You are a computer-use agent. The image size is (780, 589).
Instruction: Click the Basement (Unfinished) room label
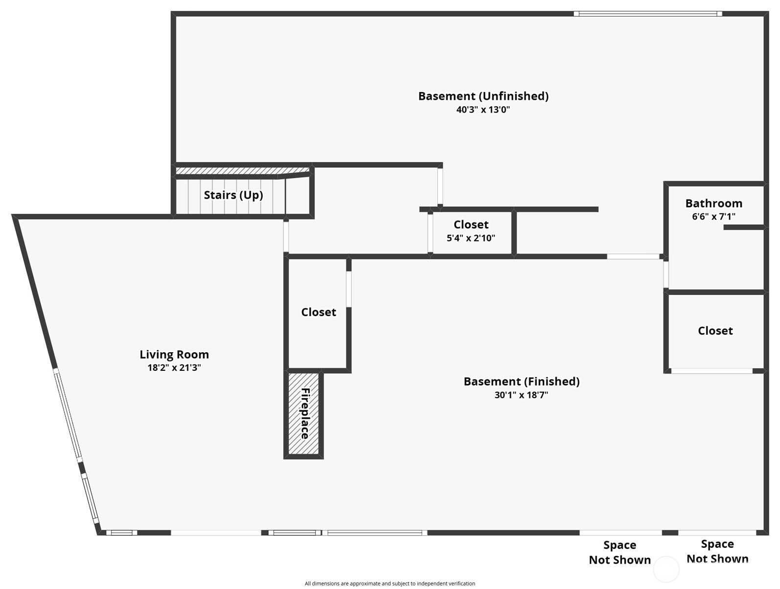coord(483,96)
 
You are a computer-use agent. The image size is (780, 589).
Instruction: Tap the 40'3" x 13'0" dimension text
coord(483,110)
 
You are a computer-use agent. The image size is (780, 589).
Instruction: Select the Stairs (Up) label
coord(233,195)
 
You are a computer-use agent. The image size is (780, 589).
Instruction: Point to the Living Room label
coord(174,354)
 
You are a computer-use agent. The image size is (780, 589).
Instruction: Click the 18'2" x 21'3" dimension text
coord(174,367)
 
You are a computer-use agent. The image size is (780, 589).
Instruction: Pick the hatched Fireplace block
coord(303,414)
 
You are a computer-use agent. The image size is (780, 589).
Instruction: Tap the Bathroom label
coord(713,203)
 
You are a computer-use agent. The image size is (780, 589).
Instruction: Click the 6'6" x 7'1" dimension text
coord(713,216)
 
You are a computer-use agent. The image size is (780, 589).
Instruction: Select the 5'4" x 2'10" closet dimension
coord(471,238)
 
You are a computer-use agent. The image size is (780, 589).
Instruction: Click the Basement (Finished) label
coord(521,382)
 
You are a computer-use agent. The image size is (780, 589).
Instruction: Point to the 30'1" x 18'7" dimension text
coord(521,395)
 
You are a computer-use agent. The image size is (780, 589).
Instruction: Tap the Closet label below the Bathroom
coord(715,331)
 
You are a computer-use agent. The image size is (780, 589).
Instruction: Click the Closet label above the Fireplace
coord(319,312)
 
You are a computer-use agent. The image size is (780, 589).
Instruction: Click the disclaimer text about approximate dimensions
coord(390,583)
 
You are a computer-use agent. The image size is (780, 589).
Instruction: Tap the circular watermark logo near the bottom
coord(666,569)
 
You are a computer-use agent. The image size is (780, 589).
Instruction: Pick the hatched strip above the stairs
coord(243,171)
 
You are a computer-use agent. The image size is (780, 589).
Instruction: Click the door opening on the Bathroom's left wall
coord(666,274)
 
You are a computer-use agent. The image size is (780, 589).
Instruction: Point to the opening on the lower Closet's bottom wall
coord(712,371)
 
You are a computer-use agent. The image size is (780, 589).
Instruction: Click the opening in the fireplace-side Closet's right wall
coord(349,289)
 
